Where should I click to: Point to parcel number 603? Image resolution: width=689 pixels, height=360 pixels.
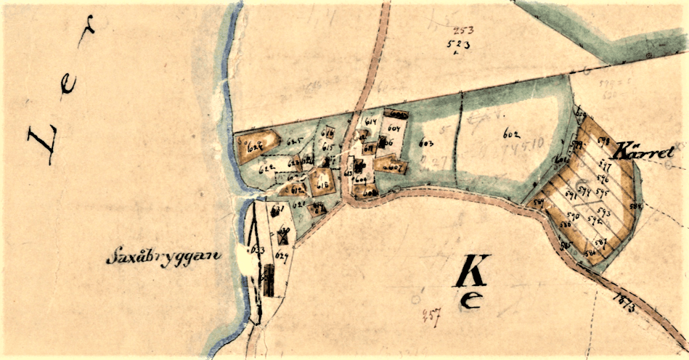pos(427,143)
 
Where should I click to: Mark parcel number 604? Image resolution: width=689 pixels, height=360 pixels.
pos(394,128)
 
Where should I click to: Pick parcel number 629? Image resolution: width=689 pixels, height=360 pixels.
pos(282,255)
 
